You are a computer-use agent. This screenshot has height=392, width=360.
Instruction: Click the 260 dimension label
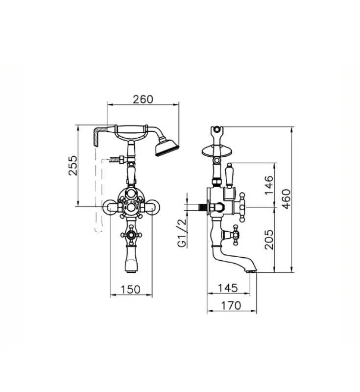pyautogui.click(x=143, y=99)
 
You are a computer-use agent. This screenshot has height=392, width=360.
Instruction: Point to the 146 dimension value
pyautogui.click(x=268, y=185)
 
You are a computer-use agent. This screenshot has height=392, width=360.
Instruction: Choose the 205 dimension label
pyautogui.click(x=268, y=240)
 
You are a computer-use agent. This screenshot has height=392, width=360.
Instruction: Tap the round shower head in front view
pyautogui.click(x=167, y=147)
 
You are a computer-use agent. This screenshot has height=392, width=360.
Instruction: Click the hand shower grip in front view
pyautogui.click(x=131, y=130)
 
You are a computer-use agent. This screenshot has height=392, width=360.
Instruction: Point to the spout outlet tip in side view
pyautogui.click(x=251, y=269)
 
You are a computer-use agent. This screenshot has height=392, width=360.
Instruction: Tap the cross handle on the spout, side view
pyautogui.click(x=236, y=235)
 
